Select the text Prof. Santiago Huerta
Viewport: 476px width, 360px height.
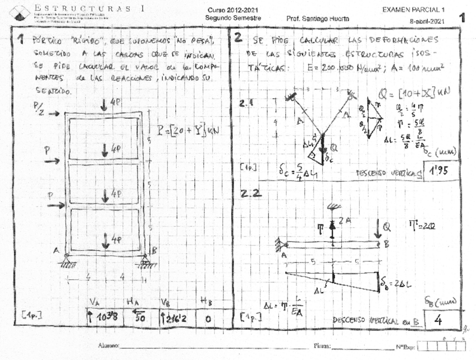pos(317,19)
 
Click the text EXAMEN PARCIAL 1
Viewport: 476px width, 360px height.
pos(413,10)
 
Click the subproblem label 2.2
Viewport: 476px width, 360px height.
pos(250,194)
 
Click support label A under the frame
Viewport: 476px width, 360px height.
pos(57,251)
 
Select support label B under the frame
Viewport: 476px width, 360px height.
pos(153,251)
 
